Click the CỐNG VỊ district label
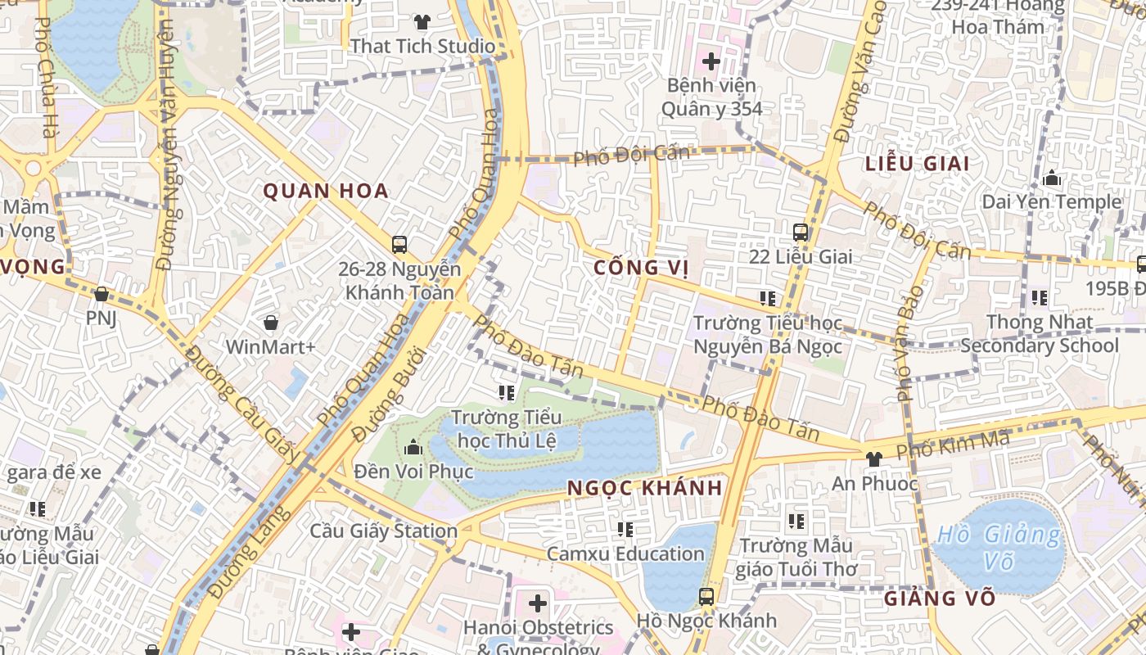[641, 268]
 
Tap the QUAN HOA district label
[325, 192]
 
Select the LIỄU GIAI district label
[918, 164]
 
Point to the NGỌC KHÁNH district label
[645, 489]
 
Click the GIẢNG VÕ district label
[929, 599]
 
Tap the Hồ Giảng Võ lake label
[999, 548]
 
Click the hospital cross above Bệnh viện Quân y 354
[711, 61]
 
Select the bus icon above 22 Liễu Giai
[801, 233]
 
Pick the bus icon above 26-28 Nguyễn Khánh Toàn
[399, 245]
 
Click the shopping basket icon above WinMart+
[270, 323]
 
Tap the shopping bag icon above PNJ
[102, 294]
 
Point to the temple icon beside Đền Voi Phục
[413, 448]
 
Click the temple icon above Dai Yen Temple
[1052, 178]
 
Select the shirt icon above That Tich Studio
[422, 22]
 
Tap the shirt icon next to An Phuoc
[873, 459]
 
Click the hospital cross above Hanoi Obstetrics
[537, 604]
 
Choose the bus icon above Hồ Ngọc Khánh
[706, 596]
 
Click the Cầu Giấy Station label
[383, 531]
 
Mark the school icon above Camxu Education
[625, 530]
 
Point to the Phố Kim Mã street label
[953, 445]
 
